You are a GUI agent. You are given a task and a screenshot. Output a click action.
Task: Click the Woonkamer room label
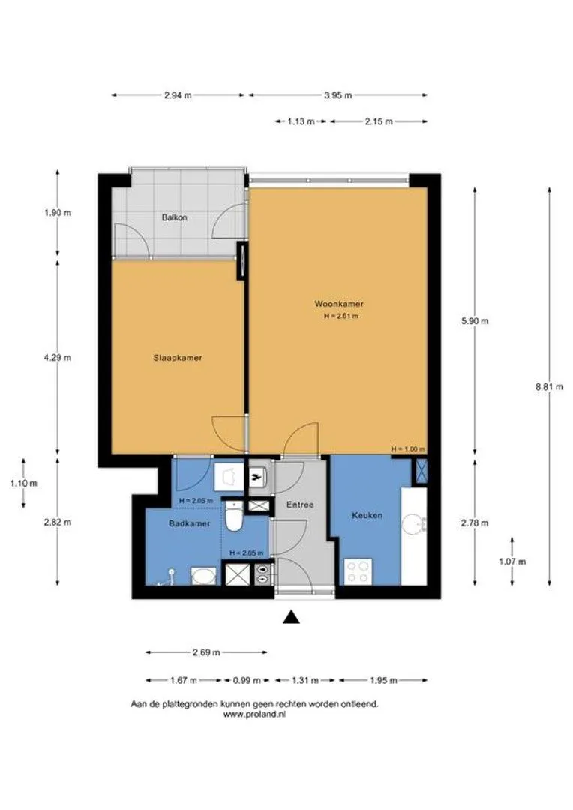pos(339,304)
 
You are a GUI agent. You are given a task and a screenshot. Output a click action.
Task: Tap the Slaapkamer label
pos(177,358)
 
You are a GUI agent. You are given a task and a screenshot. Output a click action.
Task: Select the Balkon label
pos(175,217)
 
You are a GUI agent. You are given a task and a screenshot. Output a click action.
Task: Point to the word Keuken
pos(367,515)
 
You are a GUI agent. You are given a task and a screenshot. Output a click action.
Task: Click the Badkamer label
pos(190,523)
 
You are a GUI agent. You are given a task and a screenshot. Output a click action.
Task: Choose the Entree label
pos(300,505)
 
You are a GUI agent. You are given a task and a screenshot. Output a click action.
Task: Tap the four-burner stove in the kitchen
pos(358,571)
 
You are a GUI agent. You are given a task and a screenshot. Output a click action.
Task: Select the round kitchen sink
pos(413,525)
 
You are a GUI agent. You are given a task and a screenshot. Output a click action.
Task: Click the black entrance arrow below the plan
pos(292,617)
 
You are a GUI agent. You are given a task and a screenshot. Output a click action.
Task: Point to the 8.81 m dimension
pos(549,386)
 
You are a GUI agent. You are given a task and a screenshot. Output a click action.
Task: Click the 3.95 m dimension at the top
pos(338,95)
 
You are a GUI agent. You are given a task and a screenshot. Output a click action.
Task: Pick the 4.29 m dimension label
pos(57,357)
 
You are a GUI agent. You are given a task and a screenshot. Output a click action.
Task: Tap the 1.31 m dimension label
pos(304,680)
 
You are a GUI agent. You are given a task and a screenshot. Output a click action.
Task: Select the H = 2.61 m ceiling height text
pos(341,316)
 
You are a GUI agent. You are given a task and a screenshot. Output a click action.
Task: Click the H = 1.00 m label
pos(408,449)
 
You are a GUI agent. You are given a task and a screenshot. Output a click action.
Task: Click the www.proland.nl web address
pos(255,715)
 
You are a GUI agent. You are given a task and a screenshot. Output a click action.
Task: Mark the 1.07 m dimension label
pos(512,562)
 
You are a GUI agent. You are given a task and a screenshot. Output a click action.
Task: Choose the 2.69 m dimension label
pos(206,652)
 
